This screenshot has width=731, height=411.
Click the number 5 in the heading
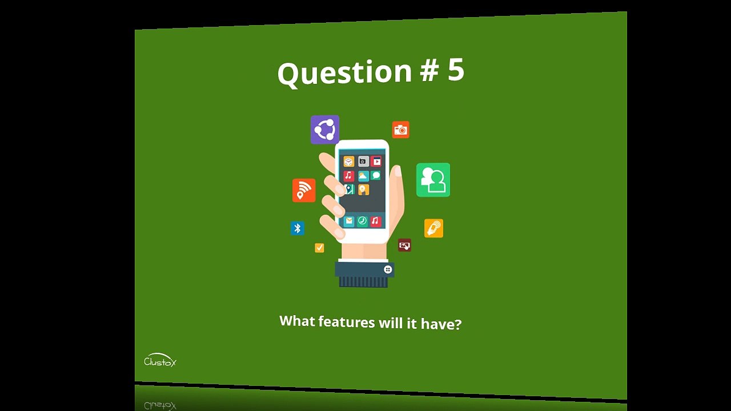(x=456, y=70)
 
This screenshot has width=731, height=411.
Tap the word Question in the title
(x=344, y=73)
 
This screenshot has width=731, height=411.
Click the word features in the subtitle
(x=346, y=322)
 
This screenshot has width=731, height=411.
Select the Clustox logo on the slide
(x=160, y=361)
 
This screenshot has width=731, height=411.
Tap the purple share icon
(x=325, y=130)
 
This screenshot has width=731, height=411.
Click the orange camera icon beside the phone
(x=400, y=130)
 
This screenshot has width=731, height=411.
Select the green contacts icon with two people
(x=433, y=180)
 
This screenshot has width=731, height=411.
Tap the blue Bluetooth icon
(x=297, y=228)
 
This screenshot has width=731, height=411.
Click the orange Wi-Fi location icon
(x=304, y=190)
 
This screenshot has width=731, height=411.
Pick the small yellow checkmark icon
(x=319, y=248)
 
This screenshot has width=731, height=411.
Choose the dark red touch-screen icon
(x=404, y=245)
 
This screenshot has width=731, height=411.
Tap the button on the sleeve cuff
(x=388, y=269)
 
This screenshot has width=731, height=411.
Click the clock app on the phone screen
(x=348, y=162)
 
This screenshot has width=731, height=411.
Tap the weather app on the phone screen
(x=363, y=176)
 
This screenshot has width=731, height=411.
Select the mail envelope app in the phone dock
(x=348, y=221)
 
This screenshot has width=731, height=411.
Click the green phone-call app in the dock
(x=362, y=221)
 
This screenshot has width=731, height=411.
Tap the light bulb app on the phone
(x=363, y=190)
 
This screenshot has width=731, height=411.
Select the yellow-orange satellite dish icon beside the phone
(x=433, y=228)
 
